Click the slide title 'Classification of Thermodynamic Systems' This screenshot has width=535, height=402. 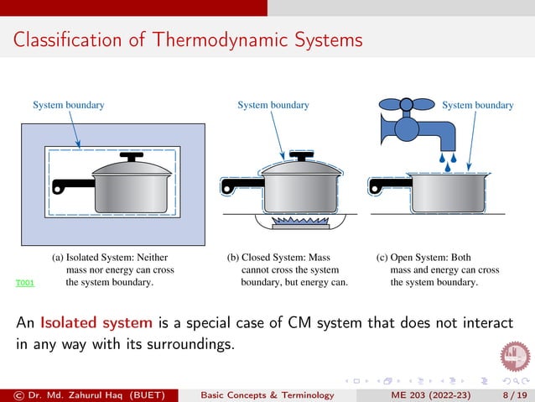[188, 39]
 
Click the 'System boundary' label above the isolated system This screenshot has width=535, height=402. [69, 105]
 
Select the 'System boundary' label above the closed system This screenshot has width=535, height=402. [273, 105]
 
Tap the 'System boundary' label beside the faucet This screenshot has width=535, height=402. [477, 105]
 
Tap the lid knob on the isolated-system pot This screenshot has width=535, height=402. [132, 156]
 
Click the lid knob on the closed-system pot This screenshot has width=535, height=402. [299, 156]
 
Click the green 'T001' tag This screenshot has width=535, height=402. [24, 284]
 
